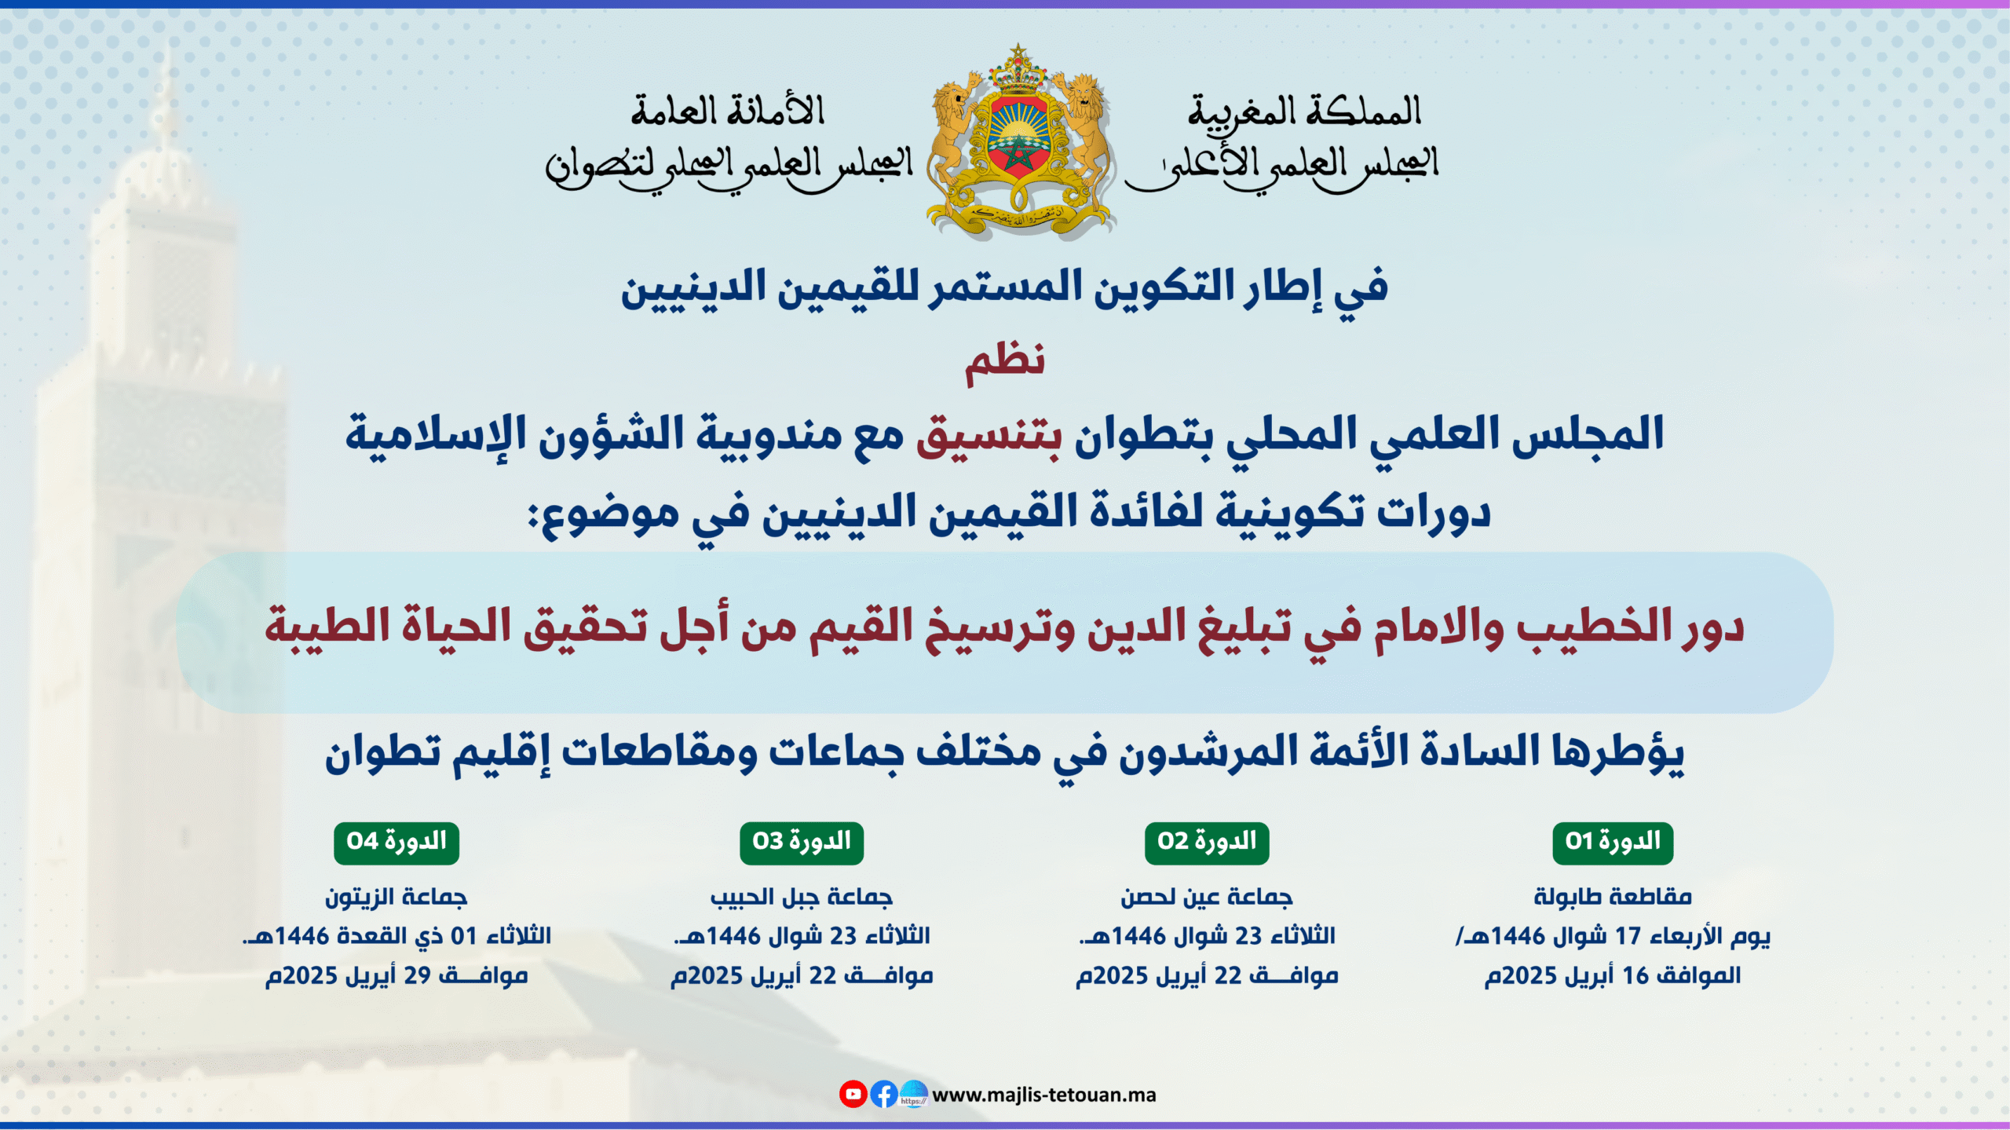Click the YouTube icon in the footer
(853, 1094)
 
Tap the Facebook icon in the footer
(884, 1094)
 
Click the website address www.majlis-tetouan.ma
(1044, 1095)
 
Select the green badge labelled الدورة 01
(1613, 843)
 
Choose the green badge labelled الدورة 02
(1207, 843)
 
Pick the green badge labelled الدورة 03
(802, 843)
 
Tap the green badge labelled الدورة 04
(397, 843)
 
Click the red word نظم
(1005, 363)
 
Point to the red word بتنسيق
(989, 435)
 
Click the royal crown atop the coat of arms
(1018, 67)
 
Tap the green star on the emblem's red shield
(1018, 155)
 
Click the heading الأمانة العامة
(728, 111)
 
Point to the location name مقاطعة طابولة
(1613, 897)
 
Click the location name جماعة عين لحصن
(1207, 897)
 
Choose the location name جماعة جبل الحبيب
(802, 897)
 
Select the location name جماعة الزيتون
(397, 897)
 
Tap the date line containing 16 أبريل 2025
(1613, 976)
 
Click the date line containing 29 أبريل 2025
(397, 976)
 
